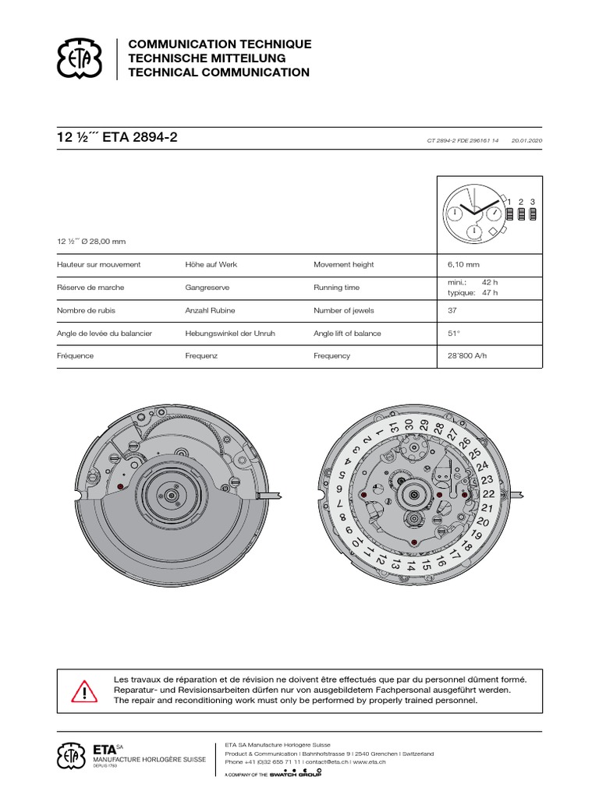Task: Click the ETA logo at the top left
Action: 79,58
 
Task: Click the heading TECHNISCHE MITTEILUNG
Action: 207,58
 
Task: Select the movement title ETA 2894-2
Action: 140,137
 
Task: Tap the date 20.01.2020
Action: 526,140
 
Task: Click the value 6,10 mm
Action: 463,265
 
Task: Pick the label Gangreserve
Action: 207,288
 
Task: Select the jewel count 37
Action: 452,310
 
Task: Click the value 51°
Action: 454,334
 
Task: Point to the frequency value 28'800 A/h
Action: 467,355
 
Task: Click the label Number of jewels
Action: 344,310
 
